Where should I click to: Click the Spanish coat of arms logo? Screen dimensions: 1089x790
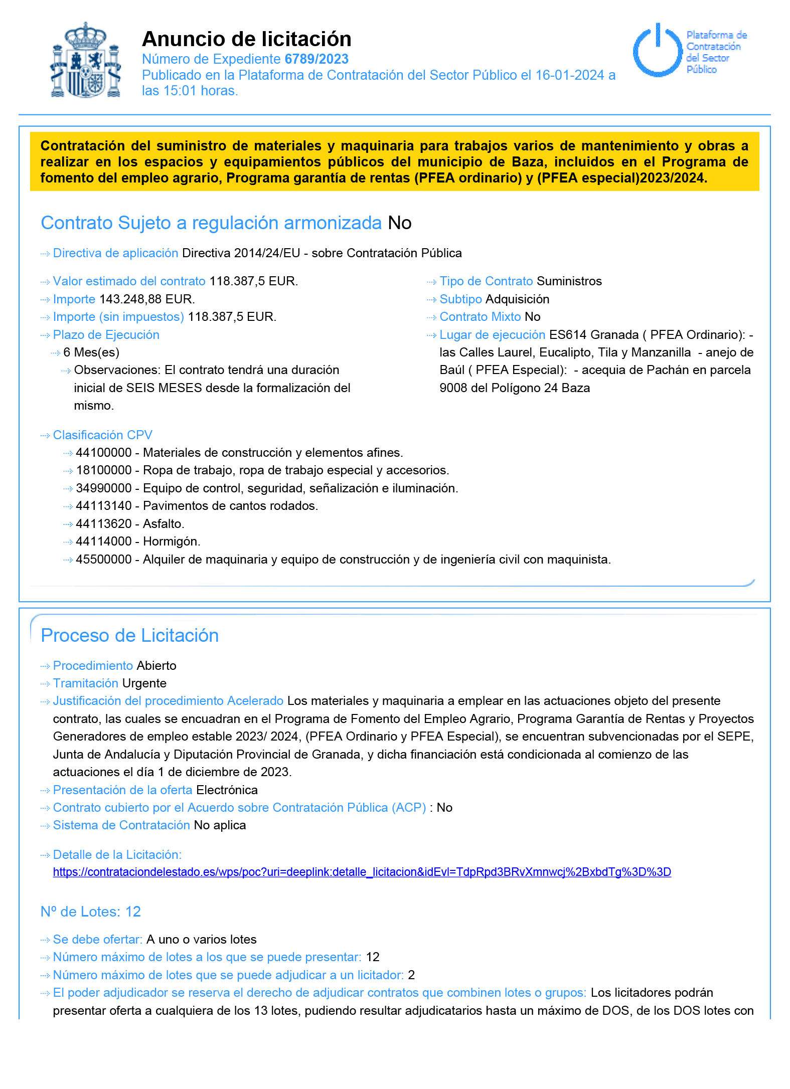(86, 60)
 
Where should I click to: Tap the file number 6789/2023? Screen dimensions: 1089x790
(316, 59)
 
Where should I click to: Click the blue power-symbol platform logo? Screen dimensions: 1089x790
(658, 50)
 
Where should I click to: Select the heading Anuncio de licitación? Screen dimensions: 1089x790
(246, 39)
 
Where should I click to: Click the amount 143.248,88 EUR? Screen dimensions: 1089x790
(147, 299)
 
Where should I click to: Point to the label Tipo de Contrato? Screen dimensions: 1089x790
(486, 281)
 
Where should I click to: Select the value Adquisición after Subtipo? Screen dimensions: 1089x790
(517, 299)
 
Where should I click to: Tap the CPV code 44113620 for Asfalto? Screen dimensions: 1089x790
(104, 524)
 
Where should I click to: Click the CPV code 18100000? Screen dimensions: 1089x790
(104, 470)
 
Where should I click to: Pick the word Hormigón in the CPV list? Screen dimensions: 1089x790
(172, 541)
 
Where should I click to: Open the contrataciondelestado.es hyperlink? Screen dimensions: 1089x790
(362, 872)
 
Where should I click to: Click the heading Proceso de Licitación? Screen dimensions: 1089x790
(129, 635)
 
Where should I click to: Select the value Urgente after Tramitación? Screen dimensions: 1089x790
(144, 683)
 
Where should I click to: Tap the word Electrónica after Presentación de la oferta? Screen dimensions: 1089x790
(227, 790)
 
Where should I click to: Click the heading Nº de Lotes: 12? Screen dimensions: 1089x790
(90, 912)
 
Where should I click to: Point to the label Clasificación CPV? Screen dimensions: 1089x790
(102, 435)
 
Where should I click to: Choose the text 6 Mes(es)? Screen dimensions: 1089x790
(91, 352)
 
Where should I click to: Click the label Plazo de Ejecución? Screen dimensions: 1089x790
(106, 335)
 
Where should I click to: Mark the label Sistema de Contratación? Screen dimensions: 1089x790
(121, 825)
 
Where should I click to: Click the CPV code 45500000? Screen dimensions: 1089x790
(104, 560)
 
